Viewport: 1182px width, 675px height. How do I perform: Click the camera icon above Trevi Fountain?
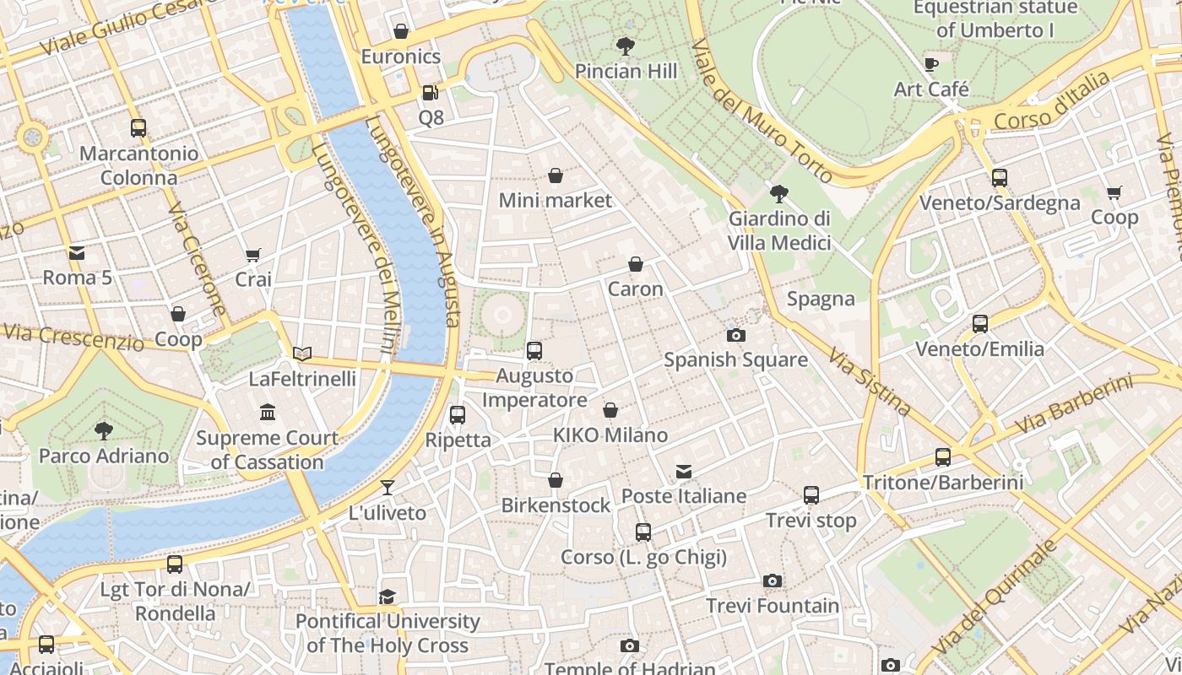point(772,580)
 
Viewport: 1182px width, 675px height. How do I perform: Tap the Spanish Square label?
point(735,360)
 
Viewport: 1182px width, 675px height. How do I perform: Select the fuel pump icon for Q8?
point(431,92)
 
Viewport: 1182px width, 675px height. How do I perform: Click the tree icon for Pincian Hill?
point(626,46)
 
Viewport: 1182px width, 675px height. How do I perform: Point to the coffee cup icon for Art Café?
point(931,64)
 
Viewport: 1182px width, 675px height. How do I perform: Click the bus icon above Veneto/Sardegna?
point(1000,178)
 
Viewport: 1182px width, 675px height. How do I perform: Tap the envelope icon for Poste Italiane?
point(684,471)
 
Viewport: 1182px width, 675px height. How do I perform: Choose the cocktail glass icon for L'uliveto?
point(388,488)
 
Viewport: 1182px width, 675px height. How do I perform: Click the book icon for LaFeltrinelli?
point(301,354)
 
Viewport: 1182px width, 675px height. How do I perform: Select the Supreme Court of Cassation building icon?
point(268,413)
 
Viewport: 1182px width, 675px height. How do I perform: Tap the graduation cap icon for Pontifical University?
point(387,597)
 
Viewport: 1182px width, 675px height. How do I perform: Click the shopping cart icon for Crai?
point(252,255)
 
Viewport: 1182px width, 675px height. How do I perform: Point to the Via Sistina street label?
point(870,382)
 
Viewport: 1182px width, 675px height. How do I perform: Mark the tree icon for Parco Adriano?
point(103,430)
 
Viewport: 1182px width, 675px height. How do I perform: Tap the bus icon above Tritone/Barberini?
point(943,457)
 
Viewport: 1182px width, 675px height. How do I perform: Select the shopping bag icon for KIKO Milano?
point(610,411)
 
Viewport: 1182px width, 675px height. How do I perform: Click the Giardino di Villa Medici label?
point(779,230)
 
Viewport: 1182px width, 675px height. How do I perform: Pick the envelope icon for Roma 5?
point(77,252)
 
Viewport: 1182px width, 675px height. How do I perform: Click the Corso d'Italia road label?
point(1052,102)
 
